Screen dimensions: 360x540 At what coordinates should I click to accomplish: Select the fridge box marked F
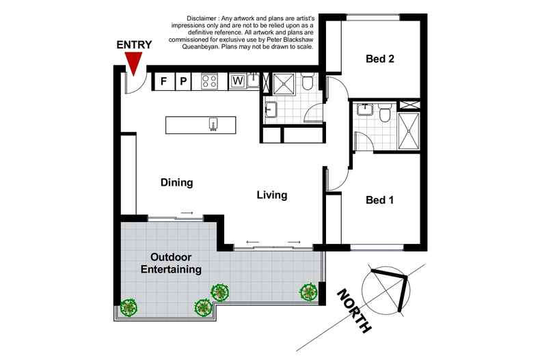pyautogui.click(x=163, y=81)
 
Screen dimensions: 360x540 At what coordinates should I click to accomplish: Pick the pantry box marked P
pyautogui.click(x=183, y=81)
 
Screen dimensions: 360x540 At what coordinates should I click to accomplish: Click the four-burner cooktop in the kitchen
pyautogui.click(x=210, y=81)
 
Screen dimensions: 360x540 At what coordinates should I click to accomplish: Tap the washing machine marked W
pyautogui.click(x=238, y=81)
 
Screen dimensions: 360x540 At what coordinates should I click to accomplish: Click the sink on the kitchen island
pyautogui.click(x=213, y=124)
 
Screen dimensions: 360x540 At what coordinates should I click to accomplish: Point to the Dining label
pyautogui.click(x=177, y=183)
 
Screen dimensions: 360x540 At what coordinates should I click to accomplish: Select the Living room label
pyautogui.click(x=271, y=195)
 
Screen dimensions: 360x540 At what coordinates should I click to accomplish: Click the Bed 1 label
pyautogui.click(x=379, y=200)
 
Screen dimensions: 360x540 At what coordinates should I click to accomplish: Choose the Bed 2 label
pyautogui.click(x=381, y=59)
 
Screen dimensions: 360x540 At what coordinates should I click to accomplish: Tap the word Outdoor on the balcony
pyautogui.click(x=171, y=258)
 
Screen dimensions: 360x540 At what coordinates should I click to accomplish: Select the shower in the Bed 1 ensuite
pyautogui.click(x=410, y=126)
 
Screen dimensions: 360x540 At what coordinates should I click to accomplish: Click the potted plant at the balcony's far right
pyautogui.click(x=309, y=292)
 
